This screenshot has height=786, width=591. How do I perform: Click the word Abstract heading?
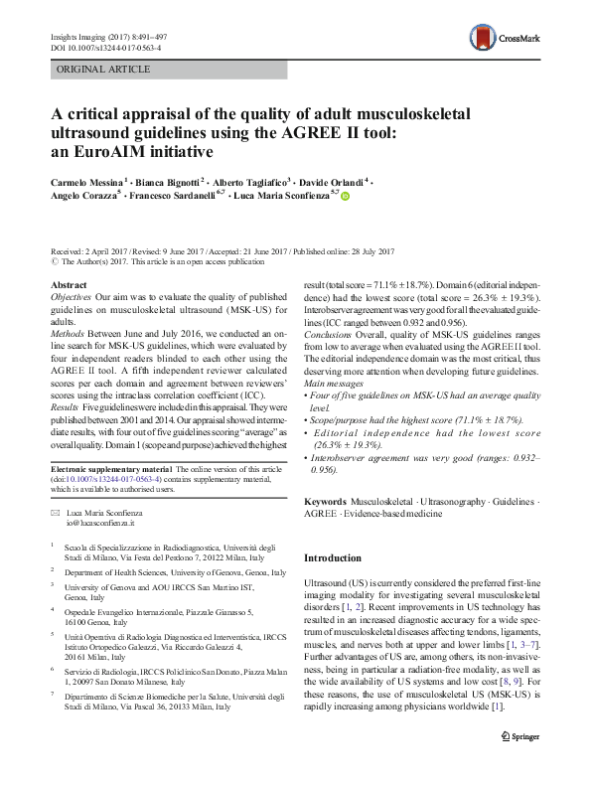69,286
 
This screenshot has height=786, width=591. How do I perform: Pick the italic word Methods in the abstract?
70,333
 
